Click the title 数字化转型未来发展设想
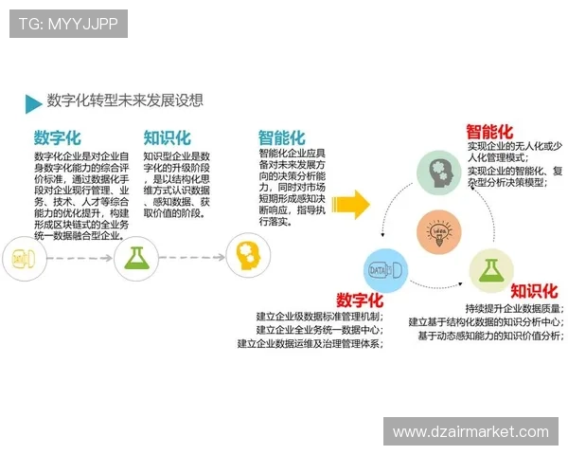(x=125, y=100)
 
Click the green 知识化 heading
(x=167, y=138)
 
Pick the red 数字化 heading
(x=359, y=300)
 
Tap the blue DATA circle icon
(x=385, y=270)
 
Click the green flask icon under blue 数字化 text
(x=134, y=256)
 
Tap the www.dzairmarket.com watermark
(x=470, y=432)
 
